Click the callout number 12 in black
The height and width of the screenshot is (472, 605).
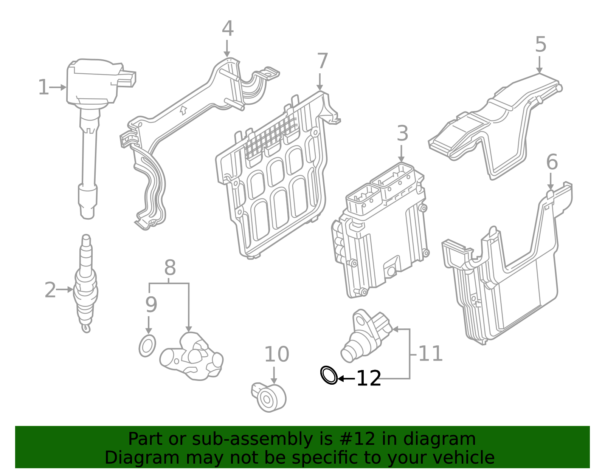pos(369,378)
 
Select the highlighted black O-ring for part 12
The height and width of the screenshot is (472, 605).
pos(329,375)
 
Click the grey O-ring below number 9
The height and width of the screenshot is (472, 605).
pos(147,345)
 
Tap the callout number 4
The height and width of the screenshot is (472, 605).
pos(228,29)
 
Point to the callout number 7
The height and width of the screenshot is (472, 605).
pos(322,62)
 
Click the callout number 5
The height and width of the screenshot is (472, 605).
pos(541,45)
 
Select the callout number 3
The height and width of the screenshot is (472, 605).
pos(402,134)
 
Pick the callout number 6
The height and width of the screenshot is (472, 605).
pos(552,162)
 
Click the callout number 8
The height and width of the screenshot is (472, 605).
pos(170,268)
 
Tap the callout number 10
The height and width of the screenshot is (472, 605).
pos(276,354)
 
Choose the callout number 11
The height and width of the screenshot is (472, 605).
pos(430,354)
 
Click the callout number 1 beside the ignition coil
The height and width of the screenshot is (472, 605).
pos(43,87)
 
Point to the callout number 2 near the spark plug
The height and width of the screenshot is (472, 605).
pos(50,290)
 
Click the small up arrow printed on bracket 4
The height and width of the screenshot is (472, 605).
pos(183,110)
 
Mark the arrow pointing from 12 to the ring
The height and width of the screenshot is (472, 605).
pos(346,378)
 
